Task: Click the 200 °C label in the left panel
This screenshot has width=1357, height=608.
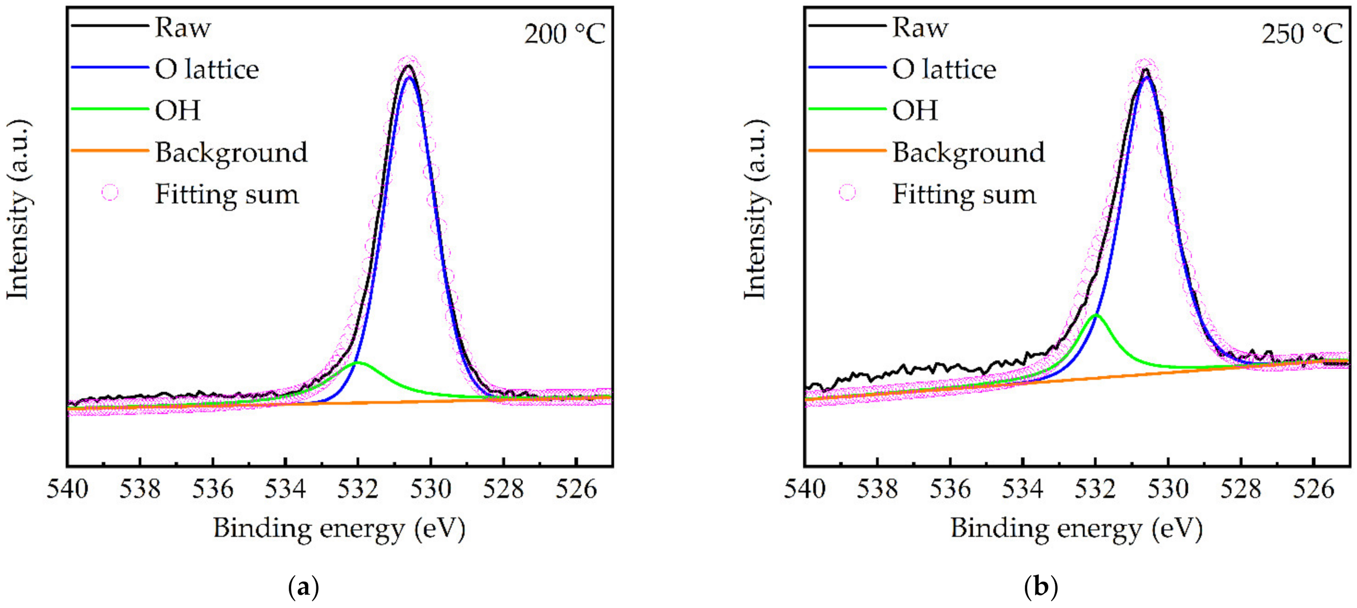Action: [x=564, y=34]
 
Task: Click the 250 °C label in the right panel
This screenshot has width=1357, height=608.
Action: [x=1302, y=34]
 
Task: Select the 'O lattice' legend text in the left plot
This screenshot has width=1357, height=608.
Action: [x=207, y=69]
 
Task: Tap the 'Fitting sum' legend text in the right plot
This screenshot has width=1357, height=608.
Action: [x=964, y=194]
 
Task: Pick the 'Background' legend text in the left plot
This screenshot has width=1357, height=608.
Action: [x=231, y=153]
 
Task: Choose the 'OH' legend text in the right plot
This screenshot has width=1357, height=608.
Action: [x=915, y=110]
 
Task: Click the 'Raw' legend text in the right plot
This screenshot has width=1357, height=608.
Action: [x=920, y=28]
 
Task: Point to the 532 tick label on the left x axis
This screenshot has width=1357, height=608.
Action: [x=358, y=489]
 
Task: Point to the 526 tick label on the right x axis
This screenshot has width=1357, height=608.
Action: [x=1314, y=489]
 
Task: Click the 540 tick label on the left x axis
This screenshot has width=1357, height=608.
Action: [x=67, y=489]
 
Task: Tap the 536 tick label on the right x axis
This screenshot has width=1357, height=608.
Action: [x=950, y=489]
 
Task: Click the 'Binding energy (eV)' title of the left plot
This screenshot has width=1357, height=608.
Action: [x=339, y=528]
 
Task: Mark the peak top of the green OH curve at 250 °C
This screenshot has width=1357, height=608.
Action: [x=1096, y=315]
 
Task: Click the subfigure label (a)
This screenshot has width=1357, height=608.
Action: [x=304, y=586]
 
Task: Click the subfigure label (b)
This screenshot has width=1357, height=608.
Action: [x=1041, y=586]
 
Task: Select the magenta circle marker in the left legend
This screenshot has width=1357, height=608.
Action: [x=110, y=193]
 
